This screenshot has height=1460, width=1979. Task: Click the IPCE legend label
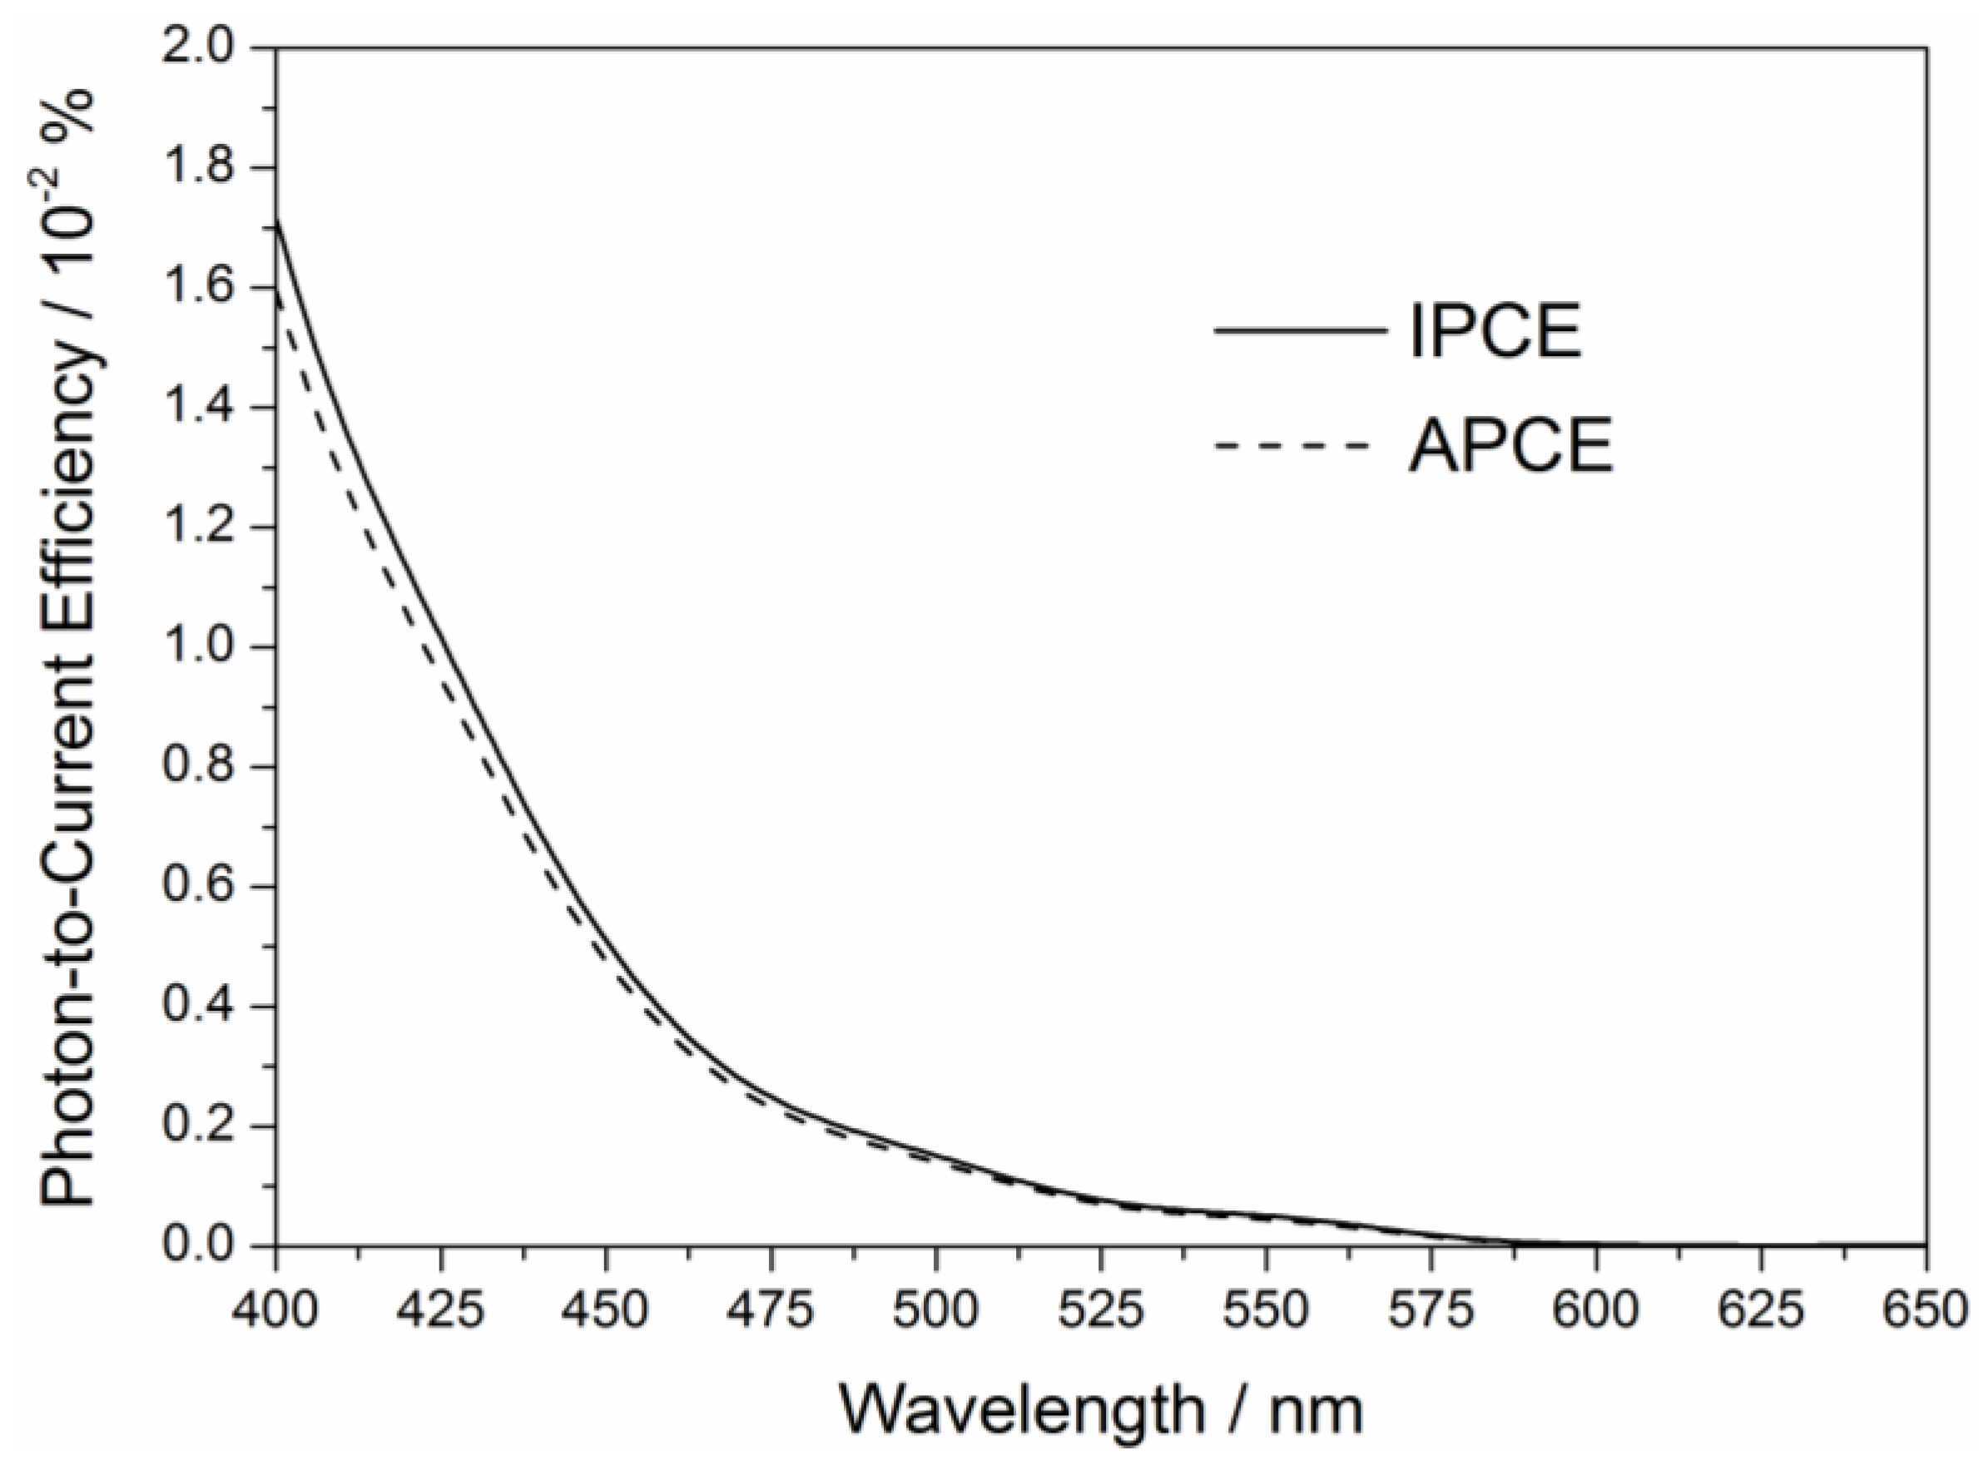(x=1495, y=331)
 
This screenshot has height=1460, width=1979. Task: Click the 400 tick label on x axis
(x=275, y=1310)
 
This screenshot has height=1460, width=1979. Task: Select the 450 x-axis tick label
(x=606, y=1310)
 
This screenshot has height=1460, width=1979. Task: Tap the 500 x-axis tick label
(x=936, y=1310)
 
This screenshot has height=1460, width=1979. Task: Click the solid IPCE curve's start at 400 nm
(x=277, y=223)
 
